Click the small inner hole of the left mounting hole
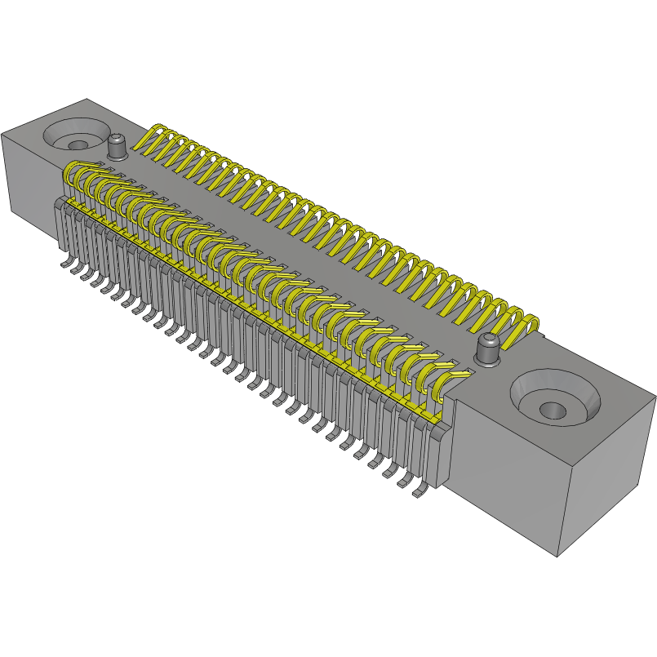tap(78, 145)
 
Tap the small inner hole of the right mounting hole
tap(553, 408)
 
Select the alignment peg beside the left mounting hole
tap(118, 148)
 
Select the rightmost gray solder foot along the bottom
tap(421, 492)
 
